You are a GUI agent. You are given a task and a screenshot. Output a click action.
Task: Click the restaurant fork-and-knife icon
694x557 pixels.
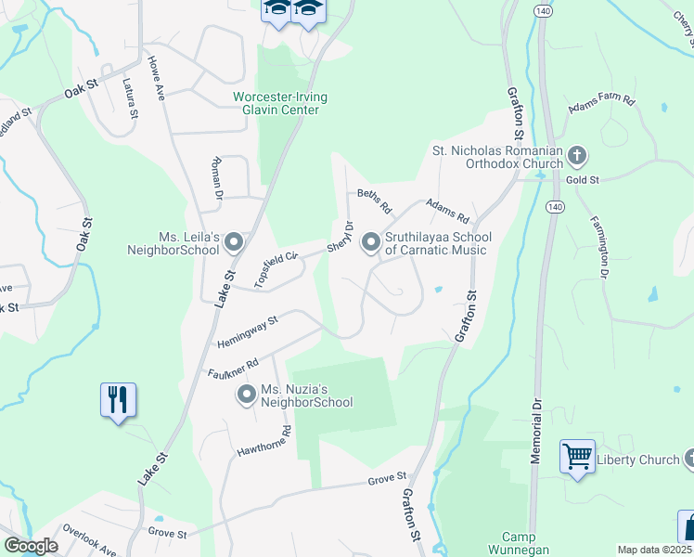[x=118, y=400]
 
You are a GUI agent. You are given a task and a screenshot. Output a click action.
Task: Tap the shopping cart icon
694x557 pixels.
[x=577, y=457]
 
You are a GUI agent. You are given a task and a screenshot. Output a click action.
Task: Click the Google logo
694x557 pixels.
[x=31, y=546]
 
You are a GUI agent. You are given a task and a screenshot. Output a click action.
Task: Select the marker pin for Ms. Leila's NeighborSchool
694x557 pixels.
[x=234, y=243]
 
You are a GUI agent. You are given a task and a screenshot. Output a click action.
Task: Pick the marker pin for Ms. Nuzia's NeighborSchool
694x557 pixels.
[x=247, y=395]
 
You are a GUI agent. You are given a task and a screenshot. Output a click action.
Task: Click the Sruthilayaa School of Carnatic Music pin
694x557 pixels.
[x=371, y=243]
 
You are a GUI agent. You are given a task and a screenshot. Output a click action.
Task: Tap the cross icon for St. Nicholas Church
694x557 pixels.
[x=577, y=155]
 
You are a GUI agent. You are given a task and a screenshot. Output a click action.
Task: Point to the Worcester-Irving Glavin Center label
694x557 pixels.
[x=280, y=103]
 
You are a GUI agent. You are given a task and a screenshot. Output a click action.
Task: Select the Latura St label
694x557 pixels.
[x=129, y=98]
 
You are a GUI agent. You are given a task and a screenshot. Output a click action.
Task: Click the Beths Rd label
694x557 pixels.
[x=375, y=201]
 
